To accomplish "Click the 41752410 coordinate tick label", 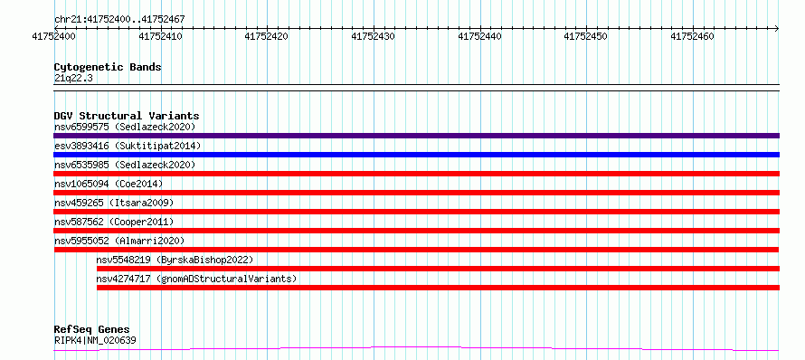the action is tap(161, 36).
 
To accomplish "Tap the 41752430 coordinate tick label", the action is tap(374, 36).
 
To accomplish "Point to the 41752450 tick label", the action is tap(586, 36).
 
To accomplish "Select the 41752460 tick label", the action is tap(693, 36).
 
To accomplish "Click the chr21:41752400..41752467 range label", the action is tap(119, 20).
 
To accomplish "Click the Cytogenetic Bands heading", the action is tap(108, 67).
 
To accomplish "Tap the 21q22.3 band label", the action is tap(73, 78).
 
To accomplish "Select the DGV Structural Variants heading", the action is tap(127, 116).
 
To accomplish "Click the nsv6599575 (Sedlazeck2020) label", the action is tap(125, 127).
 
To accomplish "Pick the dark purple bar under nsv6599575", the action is tap(416, 136).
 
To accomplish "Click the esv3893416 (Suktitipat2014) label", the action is tap(128, 146).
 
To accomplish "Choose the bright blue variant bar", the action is tap(416, 155).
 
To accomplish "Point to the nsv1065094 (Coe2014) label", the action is tap(109, 184).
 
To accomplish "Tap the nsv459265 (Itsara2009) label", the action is tap(114, 203).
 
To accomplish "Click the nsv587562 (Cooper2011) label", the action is tap(114, 222).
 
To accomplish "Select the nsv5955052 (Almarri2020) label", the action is tap(119, 241).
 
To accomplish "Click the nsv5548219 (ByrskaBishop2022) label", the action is tap(175, 260).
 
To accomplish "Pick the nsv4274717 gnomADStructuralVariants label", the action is tap(196, 279).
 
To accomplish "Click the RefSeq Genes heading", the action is tap(92, 330).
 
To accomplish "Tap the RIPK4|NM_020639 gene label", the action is tap(95, 340).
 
